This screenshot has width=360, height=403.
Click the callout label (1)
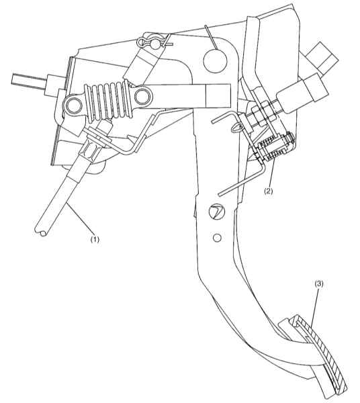click(95, 240)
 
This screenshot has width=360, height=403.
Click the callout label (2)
click(269, 191)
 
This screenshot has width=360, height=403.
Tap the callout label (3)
click(319, 284)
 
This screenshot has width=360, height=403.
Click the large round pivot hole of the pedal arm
click(216, 60)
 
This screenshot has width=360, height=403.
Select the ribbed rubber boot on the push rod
click(107, 101)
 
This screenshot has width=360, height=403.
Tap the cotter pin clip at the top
click(152, 43)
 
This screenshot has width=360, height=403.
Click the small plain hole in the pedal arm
click(217, 238)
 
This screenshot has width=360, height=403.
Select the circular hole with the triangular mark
click(216, 212)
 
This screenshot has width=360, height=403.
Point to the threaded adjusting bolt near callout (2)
click(275, 148)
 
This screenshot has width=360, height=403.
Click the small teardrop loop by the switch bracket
click(237, 128)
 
